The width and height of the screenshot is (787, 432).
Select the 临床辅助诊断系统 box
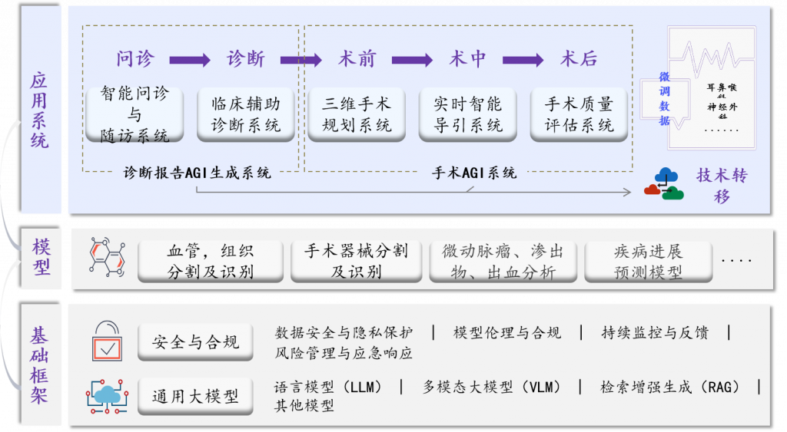point(246,114)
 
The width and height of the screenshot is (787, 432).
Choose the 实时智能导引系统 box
point(467,114)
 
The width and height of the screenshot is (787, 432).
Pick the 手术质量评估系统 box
point(579,114)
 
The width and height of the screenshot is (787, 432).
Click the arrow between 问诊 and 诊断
point(190,60)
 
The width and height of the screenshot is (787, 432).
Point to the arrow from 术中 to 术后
point(523,60)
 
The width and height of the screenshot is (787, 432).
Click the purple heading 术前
point(357,59)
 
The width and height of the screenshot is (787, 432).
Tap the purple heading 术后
point(579,59)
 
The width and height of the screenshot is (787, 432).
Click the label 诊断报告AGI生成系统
point(198,173)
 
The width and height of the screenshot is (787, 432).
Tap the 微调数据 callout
point(664,99)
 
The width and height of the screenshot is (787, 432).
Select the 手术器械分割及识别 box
point(357,261)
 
